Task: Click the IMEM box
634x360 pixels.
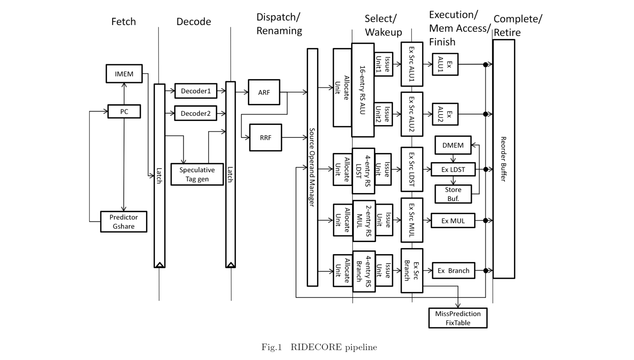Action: [x=124, y=74]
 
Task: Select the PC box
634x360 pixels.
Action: [x=124, y=111]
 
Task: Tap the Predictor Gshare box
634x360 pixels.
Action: [x=123, y=222]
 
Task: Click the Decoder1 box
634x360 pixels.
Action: [x=196, y=91]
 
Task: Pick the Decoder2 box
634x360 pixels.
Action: [x=195, y=113]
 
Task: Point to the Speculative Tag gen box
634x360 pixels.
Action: [x=197, y=174]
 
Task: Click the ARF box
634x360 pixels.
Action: [x=264, y=92]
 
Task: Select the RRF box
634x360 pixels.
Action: [x=266, y=138]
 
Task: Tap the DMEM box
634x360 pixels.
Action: [x=453, y=145]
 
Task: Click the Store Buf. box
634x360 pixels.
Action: [x=453, y=194]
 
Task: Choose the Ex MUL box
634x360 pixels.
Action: [x=453, y=221]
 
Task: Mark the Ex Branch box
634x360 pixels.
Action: [x=453, y=271]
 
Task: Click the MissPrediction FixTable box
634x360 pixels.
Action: [x=458, y=318]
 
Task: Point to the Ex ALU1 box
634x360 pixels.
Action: [x=445, y=64]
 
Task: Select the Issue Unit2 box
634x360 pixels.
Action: [x=383, y=114]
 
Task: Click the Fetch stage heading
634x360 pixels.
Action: [x=123, y=22]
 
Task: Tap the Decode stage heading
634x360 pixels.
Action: [x=194, y=22]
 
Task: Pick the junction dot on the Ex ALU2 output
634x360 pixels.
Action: [x=485, y=114]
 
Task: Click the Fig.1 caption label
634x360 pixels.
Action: [x=271, y=347]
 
